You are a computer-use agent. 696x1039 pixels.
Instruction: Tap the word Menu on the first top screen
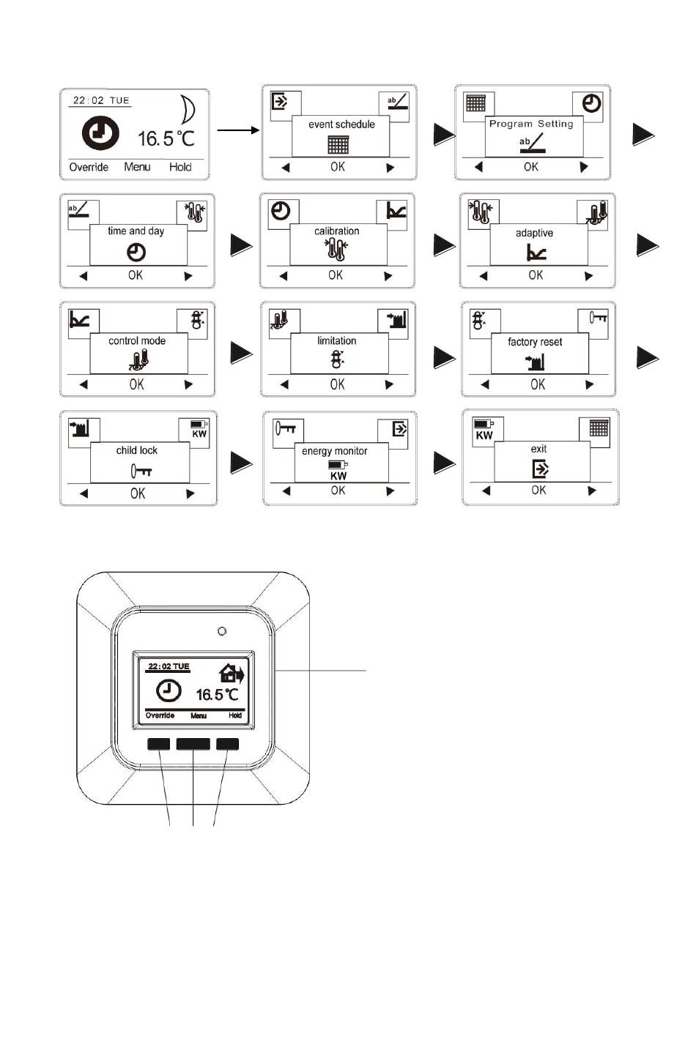point(137,167)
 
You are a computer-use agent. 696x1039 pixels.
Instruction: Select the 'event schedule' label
point(341,124)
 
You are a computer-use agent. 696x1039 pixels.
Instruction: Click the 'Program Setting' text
point(531,124)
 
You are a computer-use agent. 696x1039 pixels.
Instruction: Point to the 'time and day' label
point(136,231)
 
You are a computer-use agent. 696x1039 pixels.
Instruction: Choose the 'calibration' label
point(337,231)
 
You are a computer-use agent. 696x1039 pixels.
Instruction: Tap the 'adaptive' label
point(534,233)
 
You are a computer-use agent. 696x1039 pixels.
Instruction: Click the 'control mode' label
point(137,340)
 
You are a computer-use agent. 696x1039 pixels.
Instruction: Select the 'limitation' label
point(337,340)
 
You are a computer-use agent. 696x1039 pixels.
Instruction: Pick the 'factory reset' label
point(535,342)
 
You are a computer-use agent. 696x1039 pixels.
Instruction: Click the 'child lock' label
point(137,450)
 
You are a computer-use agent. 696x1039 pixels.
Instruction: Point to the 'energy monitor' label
point(335,451)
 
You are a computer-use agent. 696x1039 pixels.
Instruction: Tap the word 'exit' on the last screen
point(538,449)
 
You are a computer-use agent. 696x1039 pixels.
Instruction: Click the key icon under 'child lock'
point(141,471)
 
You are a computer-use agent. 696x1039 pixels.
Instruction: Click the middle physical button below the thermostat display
point(193,744)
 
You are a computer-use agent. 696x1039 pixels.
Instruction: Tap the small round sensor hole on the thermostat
point(222,630)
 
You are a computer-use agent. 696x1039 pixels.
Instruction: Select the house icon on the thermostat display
point(232,674)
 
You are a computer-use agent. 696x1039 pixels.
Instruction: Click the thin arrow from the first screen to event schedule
point(239,130)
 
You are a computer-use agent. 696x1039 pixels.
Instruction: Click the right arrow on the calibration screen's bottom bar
point(388,276)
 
